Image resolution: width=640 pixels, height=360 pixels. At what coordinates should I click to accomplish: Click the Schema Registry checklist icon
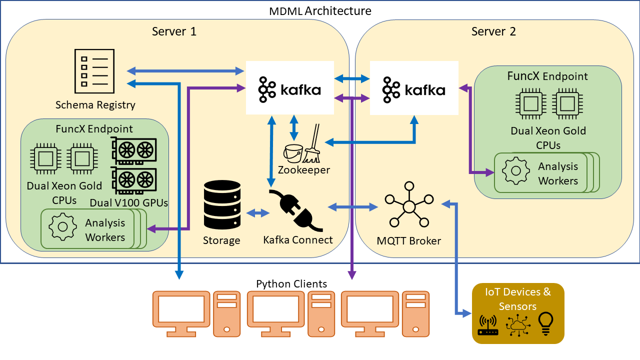point(94,69)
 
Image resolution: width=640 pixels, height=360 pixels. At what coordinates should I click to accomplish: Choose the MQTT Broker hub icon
point(409,207)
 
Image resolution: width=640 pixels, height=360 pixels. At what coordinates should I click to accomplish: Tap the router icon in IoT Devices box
point(488,325)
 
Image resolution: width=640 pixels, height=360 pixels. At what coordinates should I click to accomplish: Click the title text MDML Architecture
point(320,10)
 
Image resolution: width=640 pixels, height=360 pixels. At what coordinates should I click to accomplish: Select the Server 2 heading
point(493,31)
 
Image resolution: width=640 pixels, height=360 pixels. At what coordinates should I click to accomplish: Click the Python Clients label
point(291,284)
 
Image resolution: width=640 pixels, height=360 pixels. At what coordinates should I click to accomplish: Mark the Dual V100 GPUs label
point(129,203)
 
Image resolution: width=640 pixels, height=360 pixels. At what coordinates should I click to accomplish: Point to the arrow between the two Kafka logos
point(351,78)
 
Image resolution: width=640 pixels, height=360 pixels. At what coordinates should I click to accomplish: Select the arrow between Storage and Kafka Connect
point(258,212)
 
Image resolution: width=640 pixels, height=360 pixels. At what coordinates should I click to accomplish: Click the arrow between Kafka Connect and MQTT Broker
point(352,206)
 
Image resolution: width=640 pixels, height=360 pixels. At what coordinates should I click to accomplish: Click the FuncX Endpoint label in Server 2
point(547,76)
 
